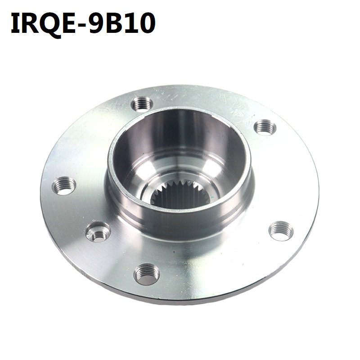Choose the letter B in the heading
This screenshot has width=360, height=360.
pyautogui.click(x=116, y=23)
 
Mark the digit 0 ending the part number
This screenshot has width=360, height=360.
pyautogui.click(x=148, y=23)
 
